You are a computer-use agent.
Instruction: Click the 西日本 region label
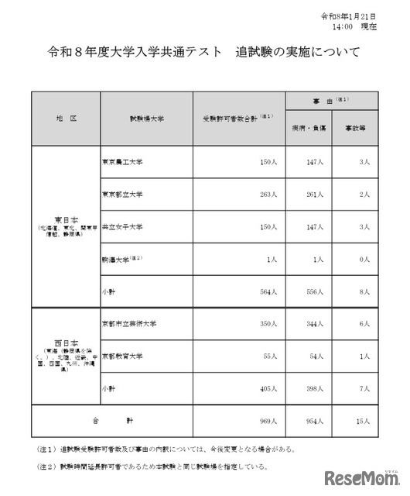tap(66, 340)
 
